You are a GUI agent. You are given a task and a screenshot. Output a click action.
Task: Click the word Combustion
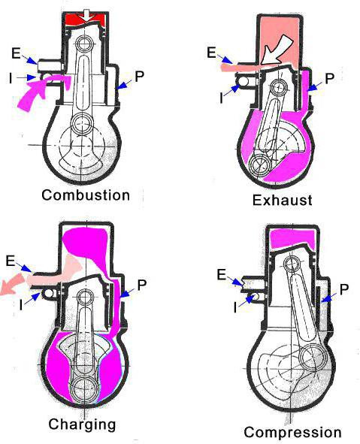[x=86, y=195]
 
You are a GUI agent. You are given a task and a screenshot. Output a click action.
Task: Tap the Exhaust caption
[x=282, y=200]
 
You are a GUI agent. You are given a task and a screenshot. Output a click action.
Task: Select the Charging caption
[x=82, y=425]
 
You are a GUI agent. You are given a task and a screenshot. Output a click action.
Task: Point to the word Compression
[x=292, y=433]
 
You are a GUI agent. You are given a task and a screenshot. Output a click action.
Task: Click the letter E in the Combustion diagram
[x=16, y=53]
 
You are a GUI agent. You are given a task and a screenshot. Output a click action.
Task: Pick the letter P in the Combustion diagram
[x=139, y=76]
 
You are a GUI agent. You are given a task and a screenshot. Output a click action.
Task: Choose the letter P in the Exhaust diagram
[x=329, y=79]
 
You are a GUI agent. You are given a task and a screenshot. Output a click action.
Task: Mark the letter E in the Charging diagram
[x=11, y=261]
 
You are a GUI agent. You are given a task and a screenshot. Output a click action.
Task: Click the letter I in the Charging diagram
[x=21, y=305]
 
